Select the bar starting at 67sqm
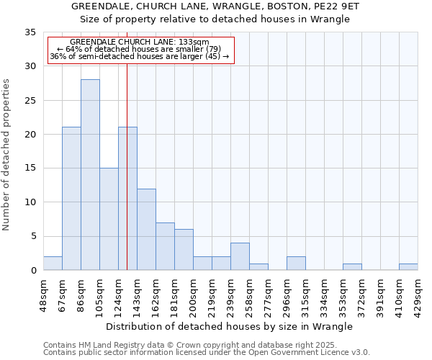71,199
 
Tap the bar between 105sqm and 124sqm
109,219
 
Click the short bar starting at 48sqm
53,264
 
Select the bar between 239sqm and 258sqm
240,256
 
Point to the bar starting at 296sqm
296,264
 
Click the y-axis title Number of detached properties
7,155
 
